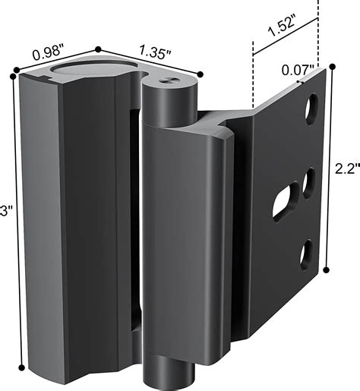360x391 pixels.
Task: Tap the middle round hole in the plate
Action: point(309,183)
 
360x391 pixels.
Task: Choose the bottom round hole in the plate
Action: point(307,253)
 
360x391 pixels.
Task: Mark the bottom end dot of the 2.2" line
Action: point(327,268)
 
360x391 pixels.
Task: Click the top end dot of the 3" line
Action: point(14,73)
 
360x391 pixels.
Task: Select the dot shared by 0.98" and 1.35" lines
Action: point(97,50)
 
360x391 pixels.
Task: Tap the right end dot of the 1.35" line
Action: point(201,74)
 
